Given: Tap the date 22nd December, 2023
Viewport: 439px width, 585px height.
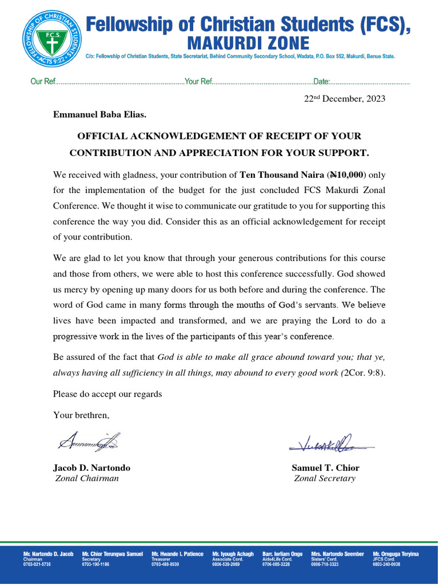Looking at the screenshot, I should tap(344, 99).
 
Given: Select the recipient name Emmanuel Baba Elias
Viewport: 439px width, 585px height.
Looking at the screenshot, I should tap(99, 115).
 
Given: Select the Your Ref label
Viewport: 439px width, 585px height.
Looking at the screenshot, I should tap(198, 82).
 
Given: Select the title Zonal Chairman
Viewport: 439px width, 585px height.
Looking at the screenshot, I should tap(87, 479).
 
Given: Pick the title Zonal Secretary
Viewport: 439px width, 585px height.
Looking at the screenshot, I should tap(324, 479).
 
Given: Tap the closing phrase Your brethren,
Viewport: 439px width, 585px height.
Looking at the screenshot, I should tap(81, 414).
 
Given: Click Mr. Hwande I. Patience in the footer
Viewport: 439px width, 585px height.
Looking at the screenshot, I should tap(177, 554).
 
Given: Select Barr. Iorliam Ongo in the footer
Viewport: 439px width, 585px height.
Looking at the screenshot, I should tap(282, 554).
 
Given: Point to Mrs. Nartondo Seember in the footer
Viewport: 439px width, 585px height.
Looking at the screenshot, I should tap(337, 554).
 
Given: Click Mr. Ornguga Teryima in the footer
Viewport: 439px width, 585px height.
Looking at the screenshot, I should tap(396, 554).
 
